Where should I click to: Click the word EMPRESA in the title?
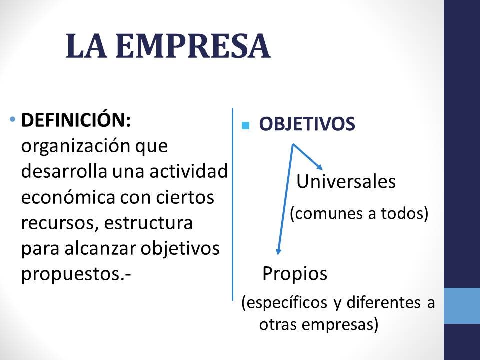193,46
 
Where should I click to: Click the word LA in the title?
87,46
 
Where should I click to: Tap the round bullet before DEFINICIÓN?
12,119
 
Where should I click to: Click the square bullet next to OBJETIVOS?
245,125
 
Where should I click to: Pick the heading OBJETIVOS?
307,124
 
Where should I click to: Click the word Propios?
295,273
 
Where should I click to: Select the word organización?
76,146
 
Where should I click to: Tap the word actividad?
189,171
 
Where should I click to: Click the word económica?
68,197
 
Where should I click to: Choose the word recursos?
60,223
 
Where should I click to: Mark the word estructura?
148,223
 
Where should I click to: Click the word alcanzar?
100,248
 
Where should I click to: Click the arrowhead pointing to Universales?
319,167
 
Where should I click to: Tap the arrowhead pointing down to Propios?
278,251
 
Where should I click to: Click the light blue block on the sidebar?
462,306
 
